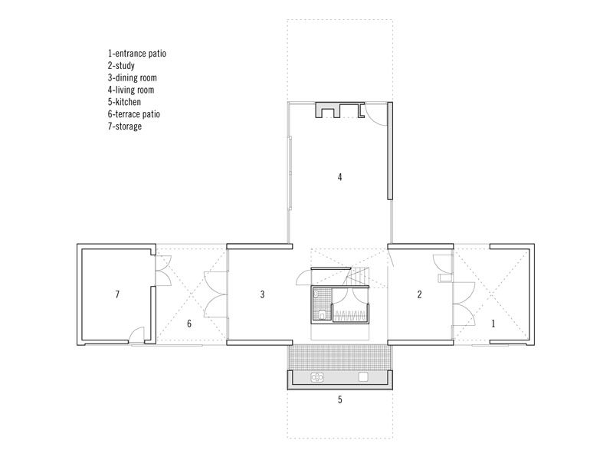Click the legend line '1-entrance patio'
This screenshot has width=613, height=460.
pos(137,54)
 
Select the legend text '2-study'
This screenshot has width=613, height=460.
pos(121,66)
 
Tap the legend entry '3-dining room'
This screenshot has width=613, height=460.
pos(132,78)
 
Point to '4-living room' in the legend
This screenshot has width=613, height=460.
pos(131,90)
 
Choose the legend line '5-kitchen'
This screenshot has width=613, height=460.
pos(124,102)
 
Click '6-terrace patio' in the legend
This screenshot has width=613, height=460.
pos(134,114)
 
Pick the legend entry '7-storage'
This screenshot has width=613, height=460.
pos(125,127)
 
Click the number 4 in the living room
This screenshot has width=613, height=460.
pos(339,177)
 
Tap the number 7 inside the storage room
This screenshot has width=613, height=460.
pos(117,294)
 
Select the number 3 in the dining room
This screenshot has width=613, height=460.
pos(262,294)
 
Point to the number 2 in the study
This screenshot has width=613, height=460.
pos(419,294)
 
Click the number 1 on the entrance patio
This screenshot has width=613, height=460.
pos(493,324)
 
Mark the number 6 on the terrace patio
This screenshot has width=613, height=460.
pos(189,324)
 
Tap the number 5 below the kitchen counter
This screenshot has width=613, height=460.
pos(339,399)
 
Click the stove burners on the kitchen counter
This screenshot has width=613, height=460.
pos(317,377)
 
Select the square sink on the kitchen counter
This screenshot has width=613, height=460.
pos(363,377)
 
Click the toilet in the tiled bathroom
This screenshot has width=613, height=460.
pos(322,314)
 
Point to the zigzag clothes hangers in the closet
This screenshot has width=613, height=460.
pos(351,316)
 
